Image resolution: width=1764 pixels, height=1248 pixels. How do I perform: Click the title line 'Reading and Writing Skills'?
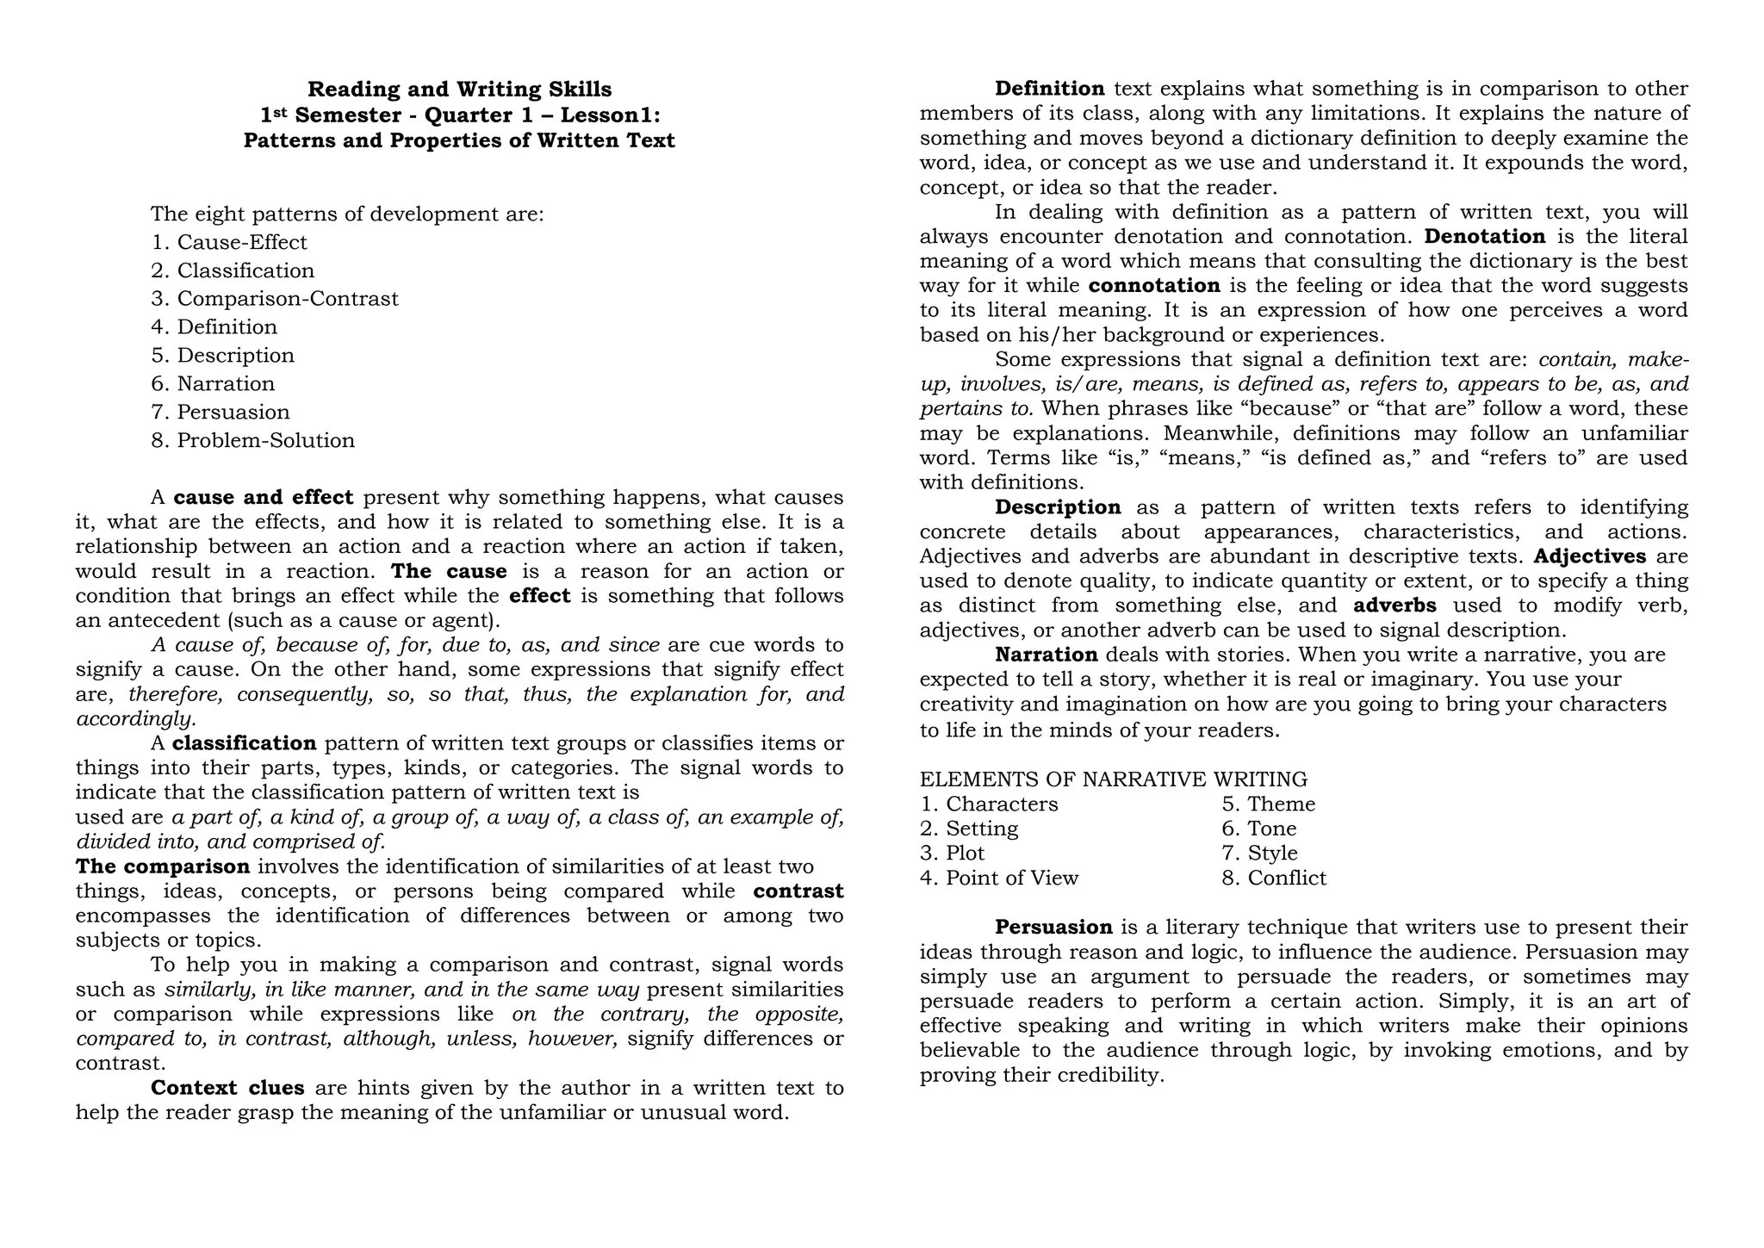click(x=460, y=90)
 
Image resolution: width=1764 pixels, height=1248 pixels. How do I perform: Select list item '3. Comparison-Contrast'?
click(x=275, y=299)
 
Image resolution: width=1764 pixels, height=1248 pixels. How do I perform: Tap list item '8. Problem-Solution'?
click(x=252, y=441)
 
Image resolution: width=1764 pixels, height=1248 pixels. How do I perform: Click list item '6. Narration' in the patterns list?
click(x=213, y=384)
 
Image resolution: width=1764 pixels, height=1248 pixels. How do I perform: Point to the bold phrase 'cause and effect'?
click(x=264, y=498)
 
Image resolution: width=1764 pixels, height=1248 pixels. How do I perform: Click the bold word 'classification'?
click(x=245, y=743)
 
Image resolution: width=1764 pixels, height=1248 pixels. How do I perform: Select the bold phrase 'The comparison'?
click(x=163, y=866)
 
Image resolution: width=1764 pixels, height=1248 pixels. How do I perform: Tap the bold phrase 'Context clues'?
click(x=227, y=1088)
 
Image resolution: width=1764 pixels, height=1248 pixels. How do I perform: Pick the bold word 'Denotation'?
click(x=1485, y=237)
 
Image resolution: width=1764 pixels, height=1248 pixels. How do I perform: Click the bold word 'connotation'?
click(x=1154, y=286)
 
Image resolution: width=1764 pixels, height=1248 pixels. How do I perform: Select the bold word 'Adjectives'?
click(x=1590, y=556)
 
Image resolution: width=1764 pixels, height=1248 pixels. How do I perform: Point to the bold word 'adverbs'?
click(x=1394, y=605)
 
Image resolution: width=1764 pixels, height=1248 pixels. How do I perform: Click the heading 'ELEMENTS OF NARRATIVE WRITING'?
click(x=1113, y=779)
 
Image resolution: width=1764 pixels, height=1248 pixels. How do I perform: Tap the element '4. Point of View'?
click(x=999, y=879)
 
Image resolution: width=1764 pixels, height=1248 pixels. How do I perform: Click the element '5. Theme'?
click(x=1268, y=804)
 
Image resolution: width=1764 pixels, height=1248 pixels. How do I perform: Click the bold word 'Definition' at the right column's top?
click(x=1049, y=89)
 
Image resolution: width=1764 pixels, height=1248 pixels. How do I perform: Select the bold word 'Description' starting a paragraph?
click(x=1058, y=507)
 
